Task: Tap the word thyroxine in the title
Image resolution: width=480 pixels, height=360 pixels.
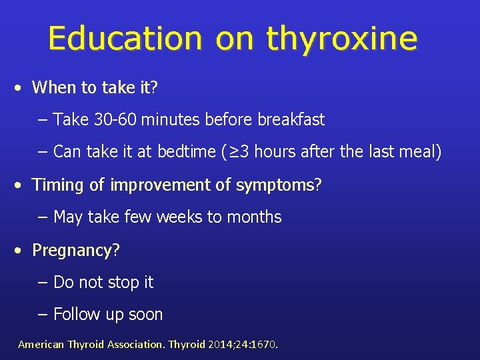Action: click(341, 40)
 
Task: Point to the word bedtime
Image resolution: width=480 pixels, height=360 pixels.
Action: click(187, 152)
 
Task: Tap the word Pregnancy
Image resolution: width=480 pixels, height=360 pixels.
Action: click(72, 251)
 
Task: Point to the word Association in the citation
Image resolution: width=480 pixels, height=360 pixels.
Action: click(128, 345)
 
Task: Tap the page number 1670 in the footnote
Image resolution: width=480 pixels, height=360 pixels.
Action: click(263, 345)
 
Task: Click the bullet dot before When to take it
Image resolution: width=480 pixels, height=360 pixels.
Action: click(21, 87)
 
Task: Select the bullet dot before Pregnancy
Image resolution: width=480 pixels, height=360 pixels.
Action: click(21, 251)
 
